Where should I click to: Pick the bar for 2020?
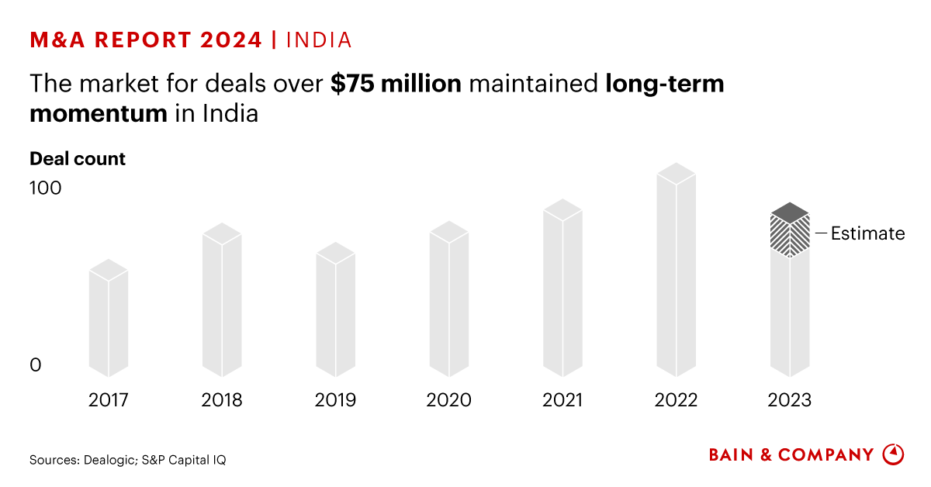pos(449,302)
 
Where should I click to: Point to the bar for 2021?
pos(562,292)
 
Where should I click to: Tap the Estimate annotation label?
pos(867,233)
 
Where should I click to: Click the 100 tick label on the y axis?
pos(45,188)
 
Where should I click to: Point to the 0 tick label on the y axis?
pos(35,364)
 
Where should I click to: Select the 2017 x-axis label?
pos(109,400)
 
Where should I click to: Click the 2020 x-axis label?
pos(448,400)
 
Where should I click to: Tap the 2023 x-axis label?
pos(789,400)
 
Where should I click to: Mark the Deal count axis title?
pos(78,159)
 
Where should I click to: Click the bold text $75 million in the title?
pos(396,84)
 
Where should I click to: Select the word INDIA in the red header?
pos(319,40)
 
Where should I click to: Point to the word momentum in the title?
pos(99,113)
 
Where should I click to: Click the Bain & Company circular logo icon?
pos(894,454)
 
